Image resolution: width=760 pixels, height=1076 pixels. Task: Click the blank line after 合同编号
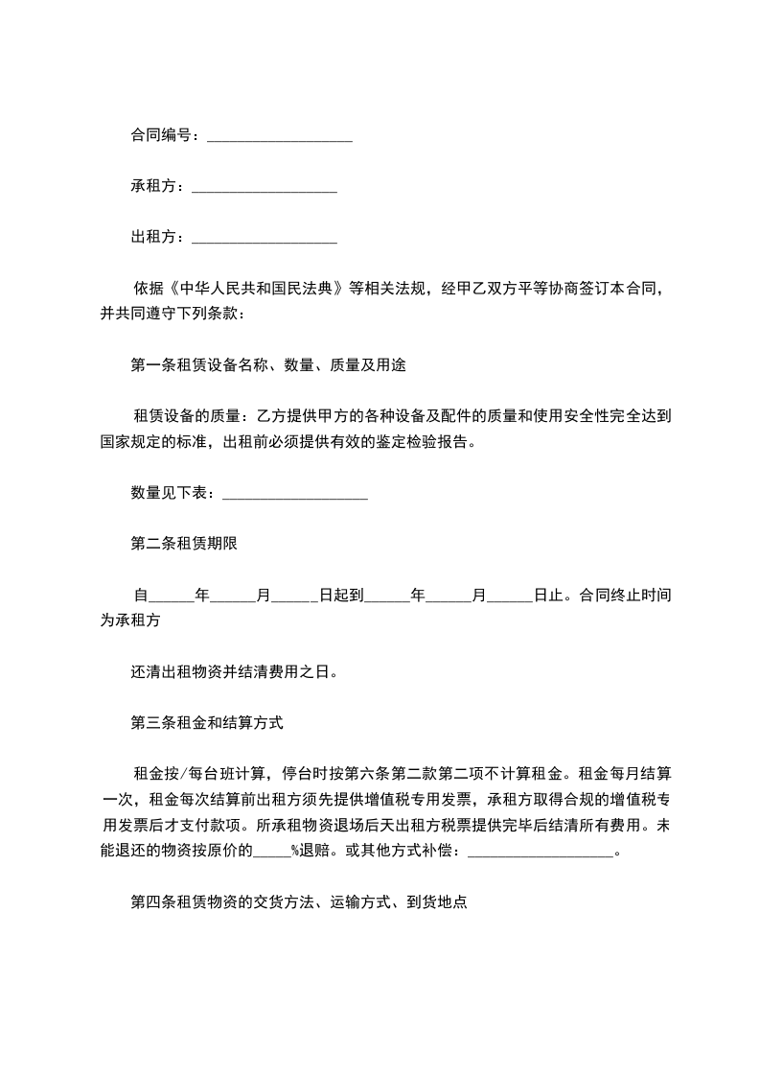click(279, 138)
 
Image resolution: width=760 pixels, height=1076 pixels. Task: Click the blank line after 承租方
click(264, 188)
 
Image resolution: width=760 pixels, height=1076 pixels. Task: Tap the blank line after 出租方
click(264, 238)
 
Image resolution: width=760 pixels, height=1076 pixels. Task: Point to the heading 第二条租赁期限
click(184, 544)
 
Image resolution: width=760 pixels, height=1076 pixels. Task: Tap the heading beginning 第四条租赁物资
click(298, 902)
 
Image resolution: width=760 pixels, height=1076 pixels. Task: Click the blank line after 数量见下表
click(294, 495)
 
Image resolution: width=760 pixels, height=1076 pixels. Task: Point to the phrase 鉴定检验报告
click(426, 442)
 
